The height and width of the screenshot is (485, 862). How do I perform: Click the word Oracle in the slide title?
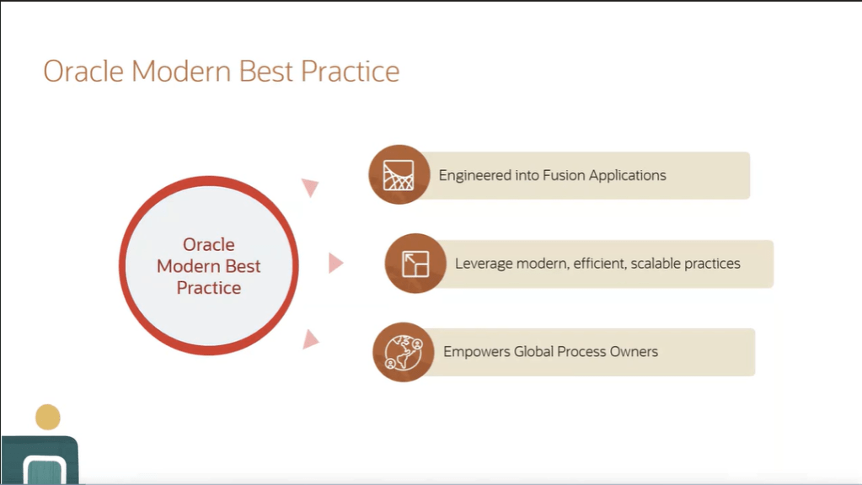(x=83, y=72)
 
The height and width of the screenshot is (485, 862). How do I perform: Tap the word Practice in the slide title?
(x=351, y=72)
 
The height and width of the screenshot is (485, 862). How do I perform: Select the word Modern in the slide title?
(x=181, y=72)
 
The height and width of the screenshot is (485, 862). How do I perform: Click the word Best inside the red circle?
(x=243, y=266)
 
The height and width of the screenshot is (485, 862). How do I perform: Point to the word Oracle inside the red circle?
(x=209, y=244)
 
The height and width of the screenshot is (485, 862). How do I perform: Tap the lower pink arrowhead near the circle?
(x=311, y=339)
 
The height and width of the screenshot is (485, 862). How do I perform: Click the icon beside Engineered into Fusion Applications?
(x=399, y=174)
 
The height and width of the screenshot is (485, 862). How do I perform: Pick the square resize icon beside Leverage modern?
(x=415, y=264)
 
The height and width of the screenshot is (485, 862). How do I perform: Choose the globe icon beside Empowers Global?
(x=404, y=352)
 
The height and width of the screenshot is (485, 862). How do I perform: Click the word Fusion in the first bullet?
(x=564, y=175)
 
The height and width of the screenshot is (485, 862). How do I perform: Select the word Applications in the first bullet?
(x=627, y=176)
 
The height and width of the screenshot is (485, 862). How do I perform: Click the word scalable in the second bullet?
(x=654, y=264)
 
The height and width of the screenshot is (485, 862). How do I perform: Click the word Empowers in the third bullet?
(x=477, y=352)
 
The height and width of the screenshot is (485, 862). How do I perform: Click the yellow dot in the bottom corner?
(x=48, y=417)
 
